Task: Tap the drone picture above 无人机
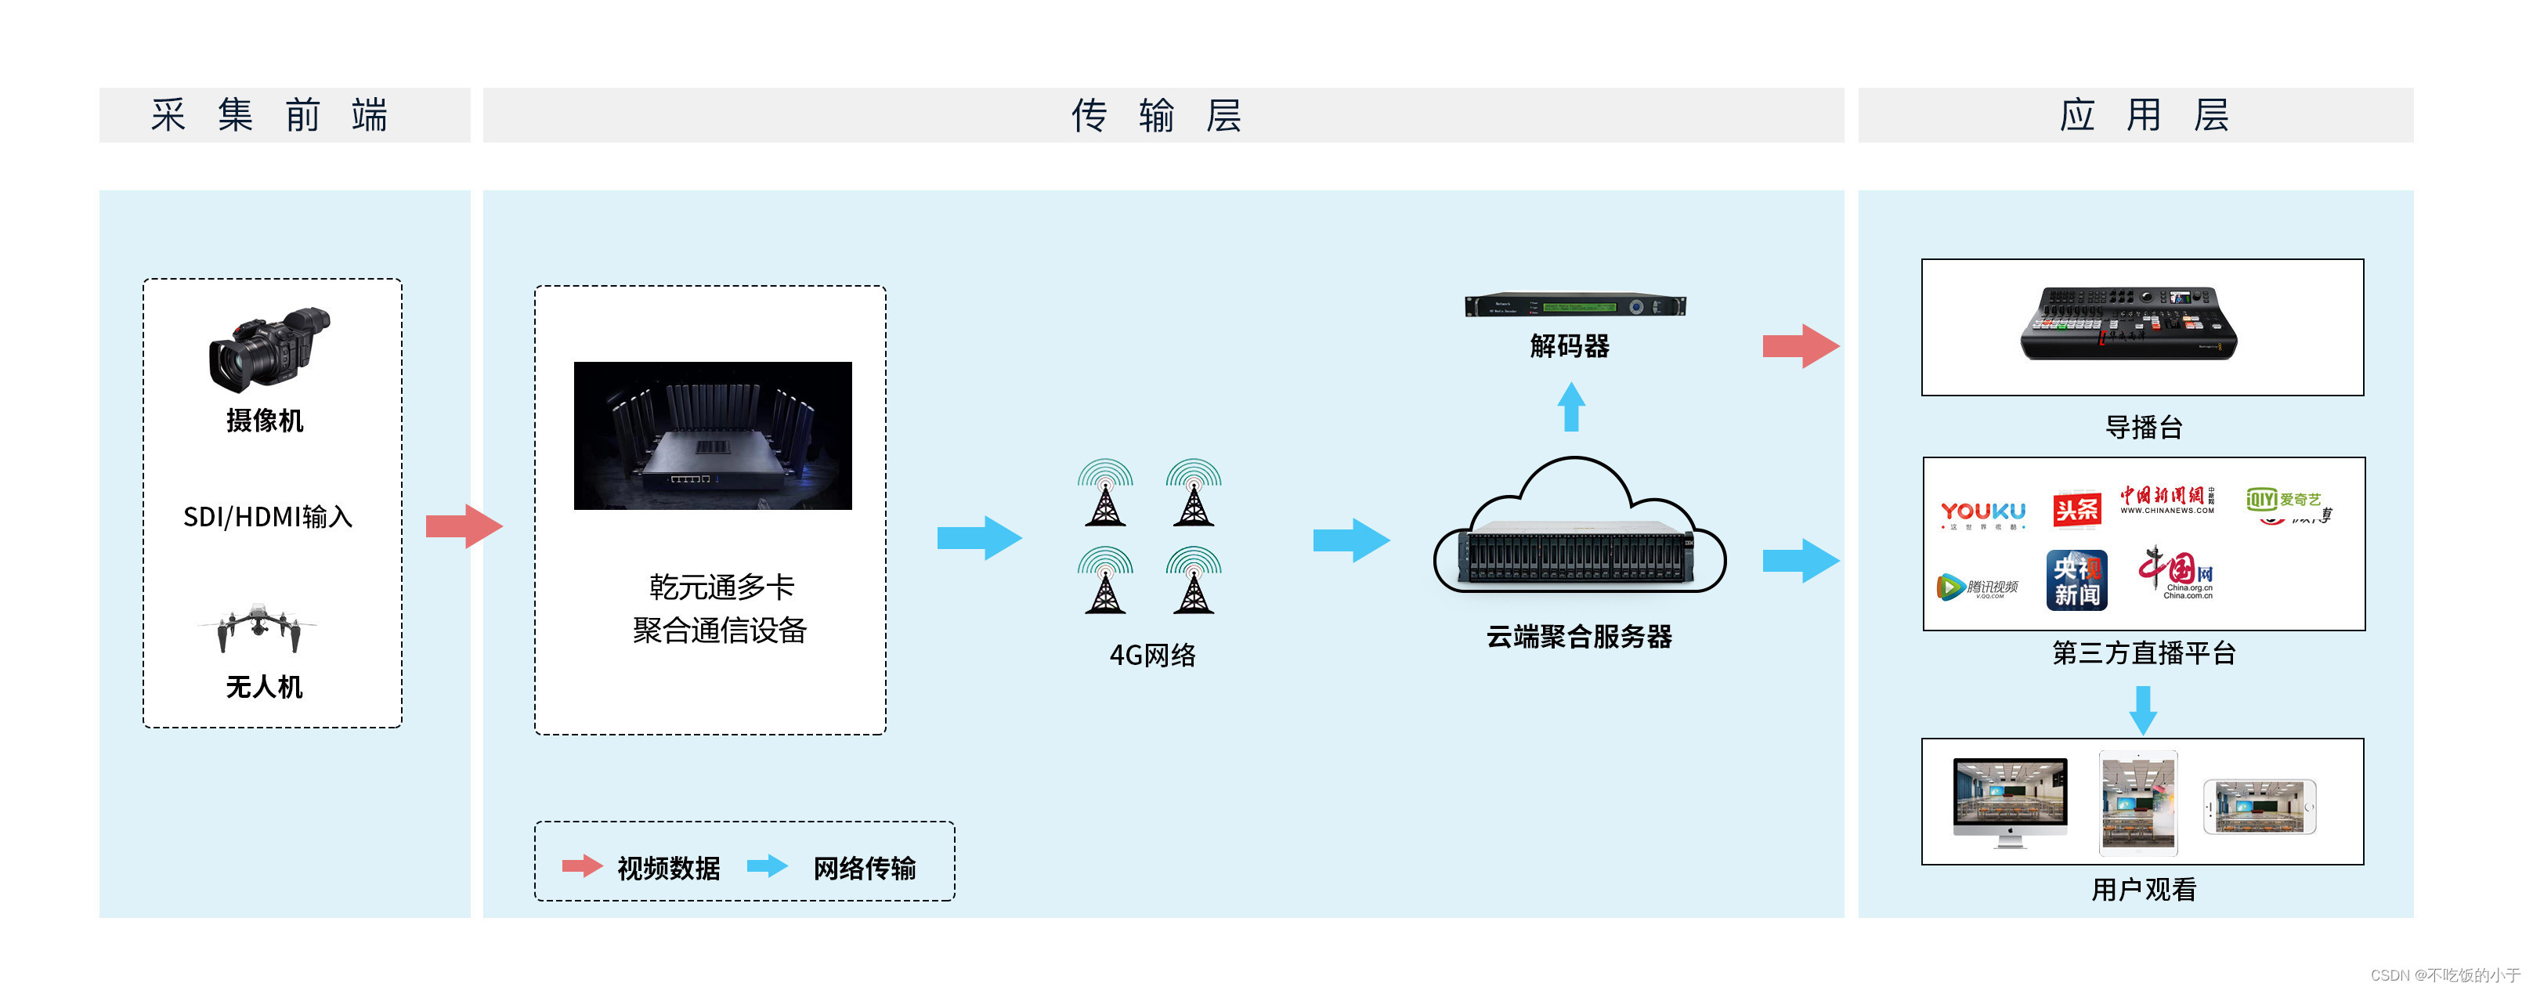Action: (x=258, y=627)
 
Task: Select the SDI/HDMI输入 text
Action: (x=267, y=516)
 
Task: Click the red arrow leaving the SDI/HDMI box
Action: (x=463, y=526)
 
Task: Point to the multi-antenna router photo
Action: (x=713, y=435)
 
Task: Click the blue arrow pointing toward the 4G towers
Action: (x=978, y=538)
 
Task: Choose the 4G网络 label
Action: (x=1152, y=655)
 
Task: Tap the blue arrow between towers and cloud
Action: (x=1350, y=540)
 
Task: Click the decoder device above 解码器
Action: (x=1575, y=305)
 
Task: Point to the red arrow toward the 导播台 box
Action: (x=1799, y=346)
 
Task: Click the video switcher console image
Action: (x=2129, y=323)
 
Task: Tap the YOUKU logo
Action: (x=1982, y=512)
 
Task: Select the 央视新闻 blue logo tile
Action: (x=2076, y=580)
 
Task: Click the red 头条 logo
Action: (x=2076, y=509)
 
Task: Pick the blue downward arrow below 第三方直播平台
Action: (x=2143, y=710)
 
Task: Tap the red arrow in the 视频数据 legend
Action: (x=582, y=866)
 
